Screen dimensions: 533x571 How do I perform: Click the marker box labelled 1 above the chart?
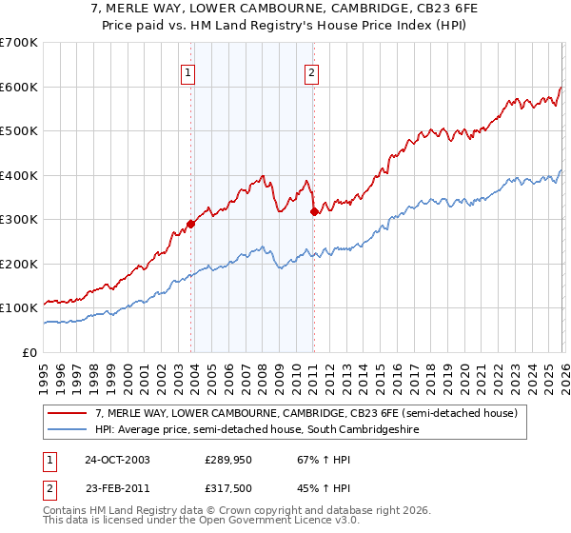[187, 72]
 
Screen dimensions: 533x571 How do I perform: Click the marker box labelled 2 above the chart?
[311, 72]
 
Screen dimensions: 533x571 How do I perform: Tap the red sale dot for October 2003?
[191, 224]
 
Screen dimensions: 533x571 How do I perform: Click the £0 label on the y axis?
[29, 352]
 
